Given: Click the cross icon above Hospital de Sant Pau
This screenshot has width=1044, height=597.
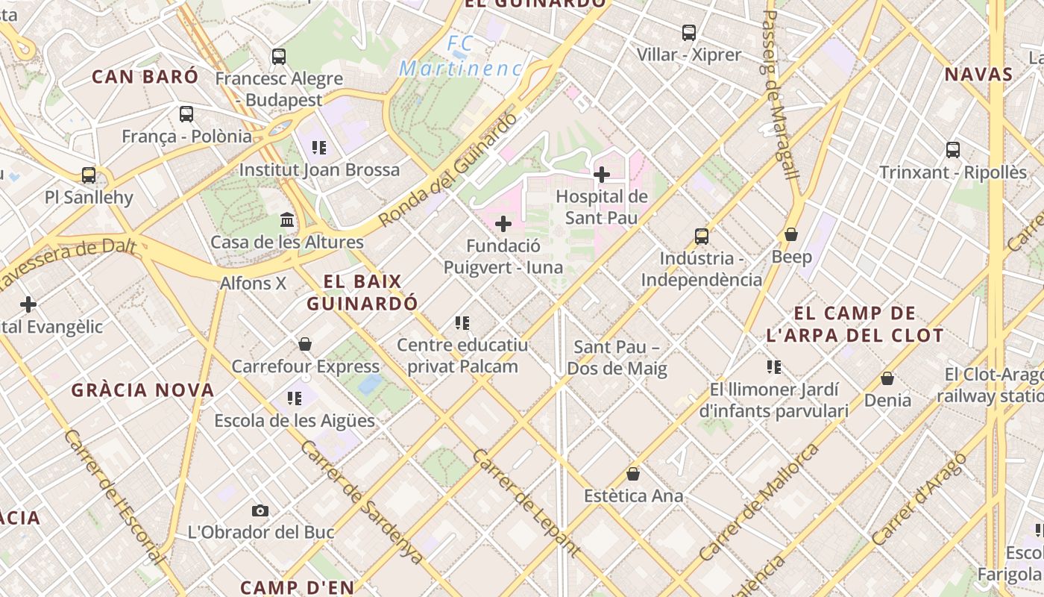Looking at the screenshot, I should (x=602, y=175).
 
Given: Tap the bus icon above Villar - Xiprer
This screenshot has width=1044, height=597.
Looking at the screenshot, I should (x=689, y=33).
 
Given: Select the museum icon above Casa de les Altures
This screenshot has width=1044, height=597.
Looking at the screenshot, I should (x=287, y=220).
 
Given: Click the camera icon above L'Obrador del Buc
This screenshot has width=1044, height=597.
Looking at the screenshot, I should (x=260, y=511).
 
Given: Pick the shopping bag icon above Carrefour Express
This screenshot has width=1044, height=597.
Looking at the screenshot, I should (x=305, y=344).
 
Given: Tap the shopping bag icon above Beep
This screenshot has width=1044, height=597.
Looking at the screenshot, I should (x=791, y=235).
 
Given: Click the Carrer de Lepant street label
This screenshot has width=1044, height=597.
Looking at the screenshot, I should (x=526, y=503).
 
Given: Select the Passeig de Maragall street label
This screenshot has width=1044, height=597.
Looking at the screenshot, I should (x=780, y=93).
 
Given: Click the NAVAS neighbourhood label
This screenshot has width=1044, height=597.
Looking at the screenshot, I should (x=978, y=74).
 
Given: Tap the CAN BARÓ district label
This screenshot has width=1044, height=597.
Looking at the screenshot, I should (x=145, y=76).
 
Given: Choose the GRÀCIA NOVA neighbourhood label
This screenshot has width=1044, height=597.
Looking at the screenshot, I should (x=142, y=390).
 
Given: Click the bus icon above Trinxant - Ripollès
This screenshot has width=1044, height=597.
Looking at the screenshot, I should (x=953, y=150).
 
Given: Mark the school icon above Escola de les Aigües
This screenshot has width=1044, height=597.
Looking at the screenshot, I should (x=295, y=398).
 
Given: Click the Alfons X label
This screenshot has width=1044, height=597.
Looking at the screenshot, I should (x=253, y=284).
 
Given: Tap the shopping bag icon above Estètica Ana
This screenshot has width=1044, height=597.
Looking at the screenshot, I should (x=633, y=474).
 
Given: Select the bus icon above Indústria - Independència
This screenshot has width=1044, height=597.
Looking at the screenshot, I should (x=702, y=237).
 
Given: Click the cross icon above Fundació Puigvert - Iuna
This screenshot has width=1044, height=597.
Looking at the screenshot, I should (x=503, y=224).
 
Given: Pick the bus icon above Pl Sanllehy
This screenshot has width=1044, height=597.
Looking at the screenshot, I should (x=89, y=175).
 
